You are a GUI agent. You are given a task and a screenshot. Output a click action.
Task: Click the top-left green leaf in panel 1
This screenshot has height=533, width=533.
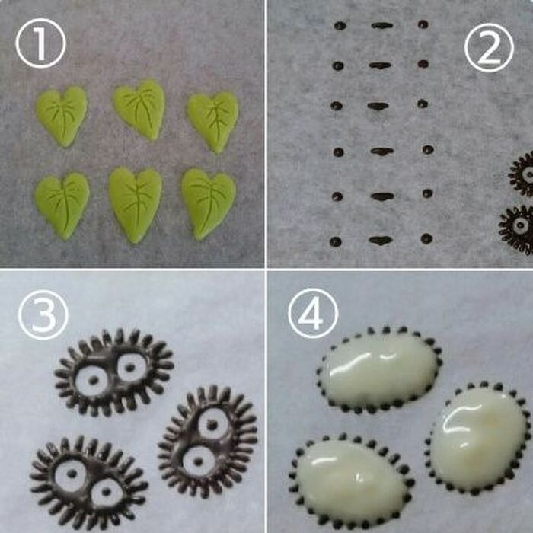[61, 115]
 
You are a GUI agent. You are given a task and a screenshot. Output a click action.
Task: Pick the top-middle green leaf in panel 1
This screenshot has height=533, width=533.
[139, 109]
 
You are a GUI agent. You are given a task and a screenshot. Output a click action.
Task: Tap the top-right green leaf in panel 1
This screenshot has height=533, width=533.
[212, 121]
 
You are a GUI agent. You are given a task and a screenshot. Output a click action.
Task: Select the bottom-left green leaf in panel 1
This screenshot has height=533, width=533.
[62, 204]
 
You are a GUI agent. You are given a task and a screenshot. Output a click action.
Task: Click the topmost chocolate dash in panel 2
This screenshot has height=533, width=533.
[381, 25]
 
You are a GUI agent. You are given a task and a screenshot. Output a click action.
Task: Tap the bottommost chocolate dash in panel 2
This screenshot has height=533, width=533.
[380, 240]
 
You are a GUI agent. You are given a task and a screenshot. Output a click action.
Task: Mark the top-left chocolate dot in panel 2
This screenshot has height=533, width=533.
[340, 25]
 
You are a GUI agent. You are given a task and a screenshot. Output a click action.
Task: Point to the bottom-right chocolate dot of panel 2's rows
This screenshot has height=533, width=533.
[426, 238]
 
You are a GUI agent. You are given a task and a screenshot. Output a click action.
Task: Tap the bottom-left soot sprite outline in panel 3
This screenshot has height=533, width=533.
[88, 481]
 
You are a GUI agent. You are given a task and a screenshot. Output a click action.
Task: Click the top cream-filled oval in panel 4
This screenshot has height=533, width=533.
[378, 370]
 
